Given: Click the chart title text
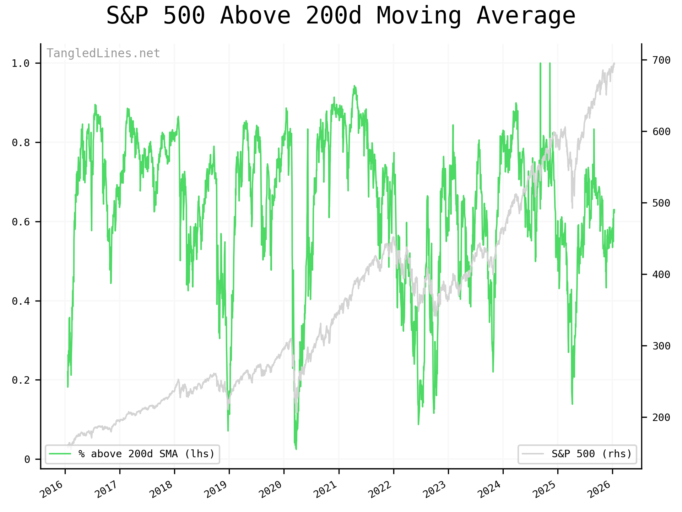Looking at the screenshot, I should point(341,16).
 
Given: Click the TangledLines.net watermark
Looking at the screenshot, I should point(103,53).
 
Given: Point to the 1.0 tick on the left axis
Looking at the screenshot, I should point(20,64).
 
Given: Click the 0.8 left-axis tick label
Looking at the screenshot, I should point(20,143).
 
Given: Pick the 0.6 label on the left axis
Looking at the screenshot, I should point(20,222).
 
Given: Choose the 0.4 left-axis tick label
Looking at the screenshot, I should point(20,302).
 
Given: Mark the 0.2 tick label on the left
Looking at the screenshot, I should point(20,380).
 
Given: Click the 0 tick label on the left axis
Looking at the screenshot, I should point(27,460).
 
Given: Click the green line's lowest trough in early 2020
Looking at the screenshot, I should point(296,449).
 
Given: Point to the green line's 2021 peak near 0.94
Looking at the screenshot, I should point(354,86).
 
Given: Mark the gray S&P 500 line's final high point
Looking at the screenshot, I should point(614,63).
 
